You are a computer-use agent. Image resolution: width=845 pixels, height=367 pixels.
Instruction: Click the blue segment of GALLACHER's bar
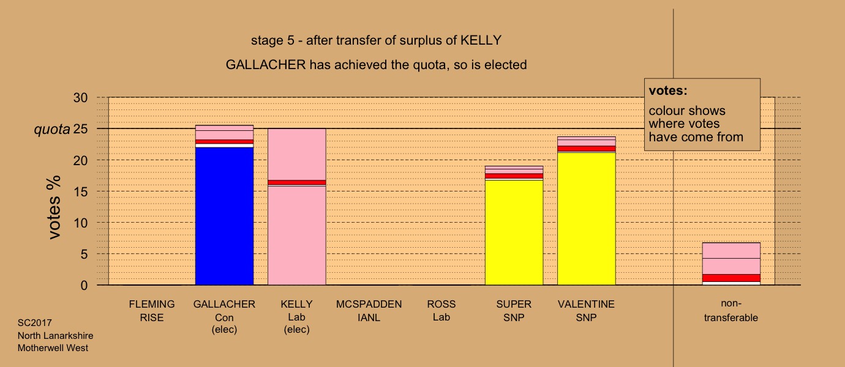224,216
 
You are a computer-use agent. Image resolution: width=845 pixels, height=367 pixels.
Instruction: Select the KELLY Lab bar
297,207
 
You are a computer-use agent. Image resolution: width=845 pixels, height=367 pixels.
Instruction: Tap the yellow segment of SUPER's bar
514,232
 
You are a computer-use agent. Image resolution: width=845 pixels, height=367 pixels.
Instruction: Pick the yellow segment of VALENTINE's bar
587,218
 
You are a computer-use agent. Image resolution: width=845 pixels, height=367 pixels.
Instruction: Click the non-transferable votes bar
731,264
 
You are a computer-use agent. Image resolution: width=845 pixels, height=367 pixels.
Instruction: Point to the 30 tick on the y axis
80,98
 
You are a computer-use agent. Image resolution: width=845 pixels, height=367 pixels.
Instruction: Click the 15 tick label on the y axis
80,191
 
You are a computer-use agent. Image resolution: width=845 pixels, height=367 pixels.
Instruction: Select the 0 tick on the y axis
84,285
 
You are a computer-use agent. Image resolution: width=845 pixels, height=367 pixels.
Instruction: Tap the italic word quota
52,130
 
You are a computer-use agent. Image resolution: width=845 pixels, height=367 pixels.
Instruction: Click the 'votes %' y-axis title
54,207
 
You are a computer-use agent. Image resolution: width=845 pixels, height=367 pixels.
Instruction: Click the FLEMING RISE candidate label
152,311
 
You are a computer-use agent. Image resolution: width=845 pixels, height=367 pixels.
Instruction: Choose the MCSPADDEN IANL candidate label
369,311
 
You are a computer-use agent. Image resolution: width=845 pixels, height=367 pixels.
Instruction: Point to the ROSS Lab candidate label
441,311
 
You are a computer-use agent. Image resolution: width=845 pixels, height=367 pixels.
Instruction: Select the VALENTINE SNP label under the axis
586,311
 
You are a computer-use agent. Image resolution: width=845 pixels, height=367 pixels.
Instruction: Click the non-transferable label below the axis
731,311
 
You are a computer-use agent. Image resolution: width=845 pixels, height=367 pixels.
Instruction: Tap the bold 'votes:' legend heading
668,91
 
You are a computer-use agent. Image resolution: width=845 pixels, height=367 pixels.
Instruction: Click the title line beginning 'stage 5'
376,40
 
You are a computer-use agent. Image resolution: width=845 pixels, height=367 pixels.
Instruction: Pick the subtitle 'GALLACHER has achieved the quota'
376,65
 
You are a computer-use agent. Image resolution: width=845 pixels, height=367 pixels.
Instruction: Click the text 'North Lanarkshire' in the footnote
56,335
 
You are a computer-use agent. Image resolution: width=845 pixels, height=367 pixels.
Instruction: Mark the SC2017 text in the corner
35,323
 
